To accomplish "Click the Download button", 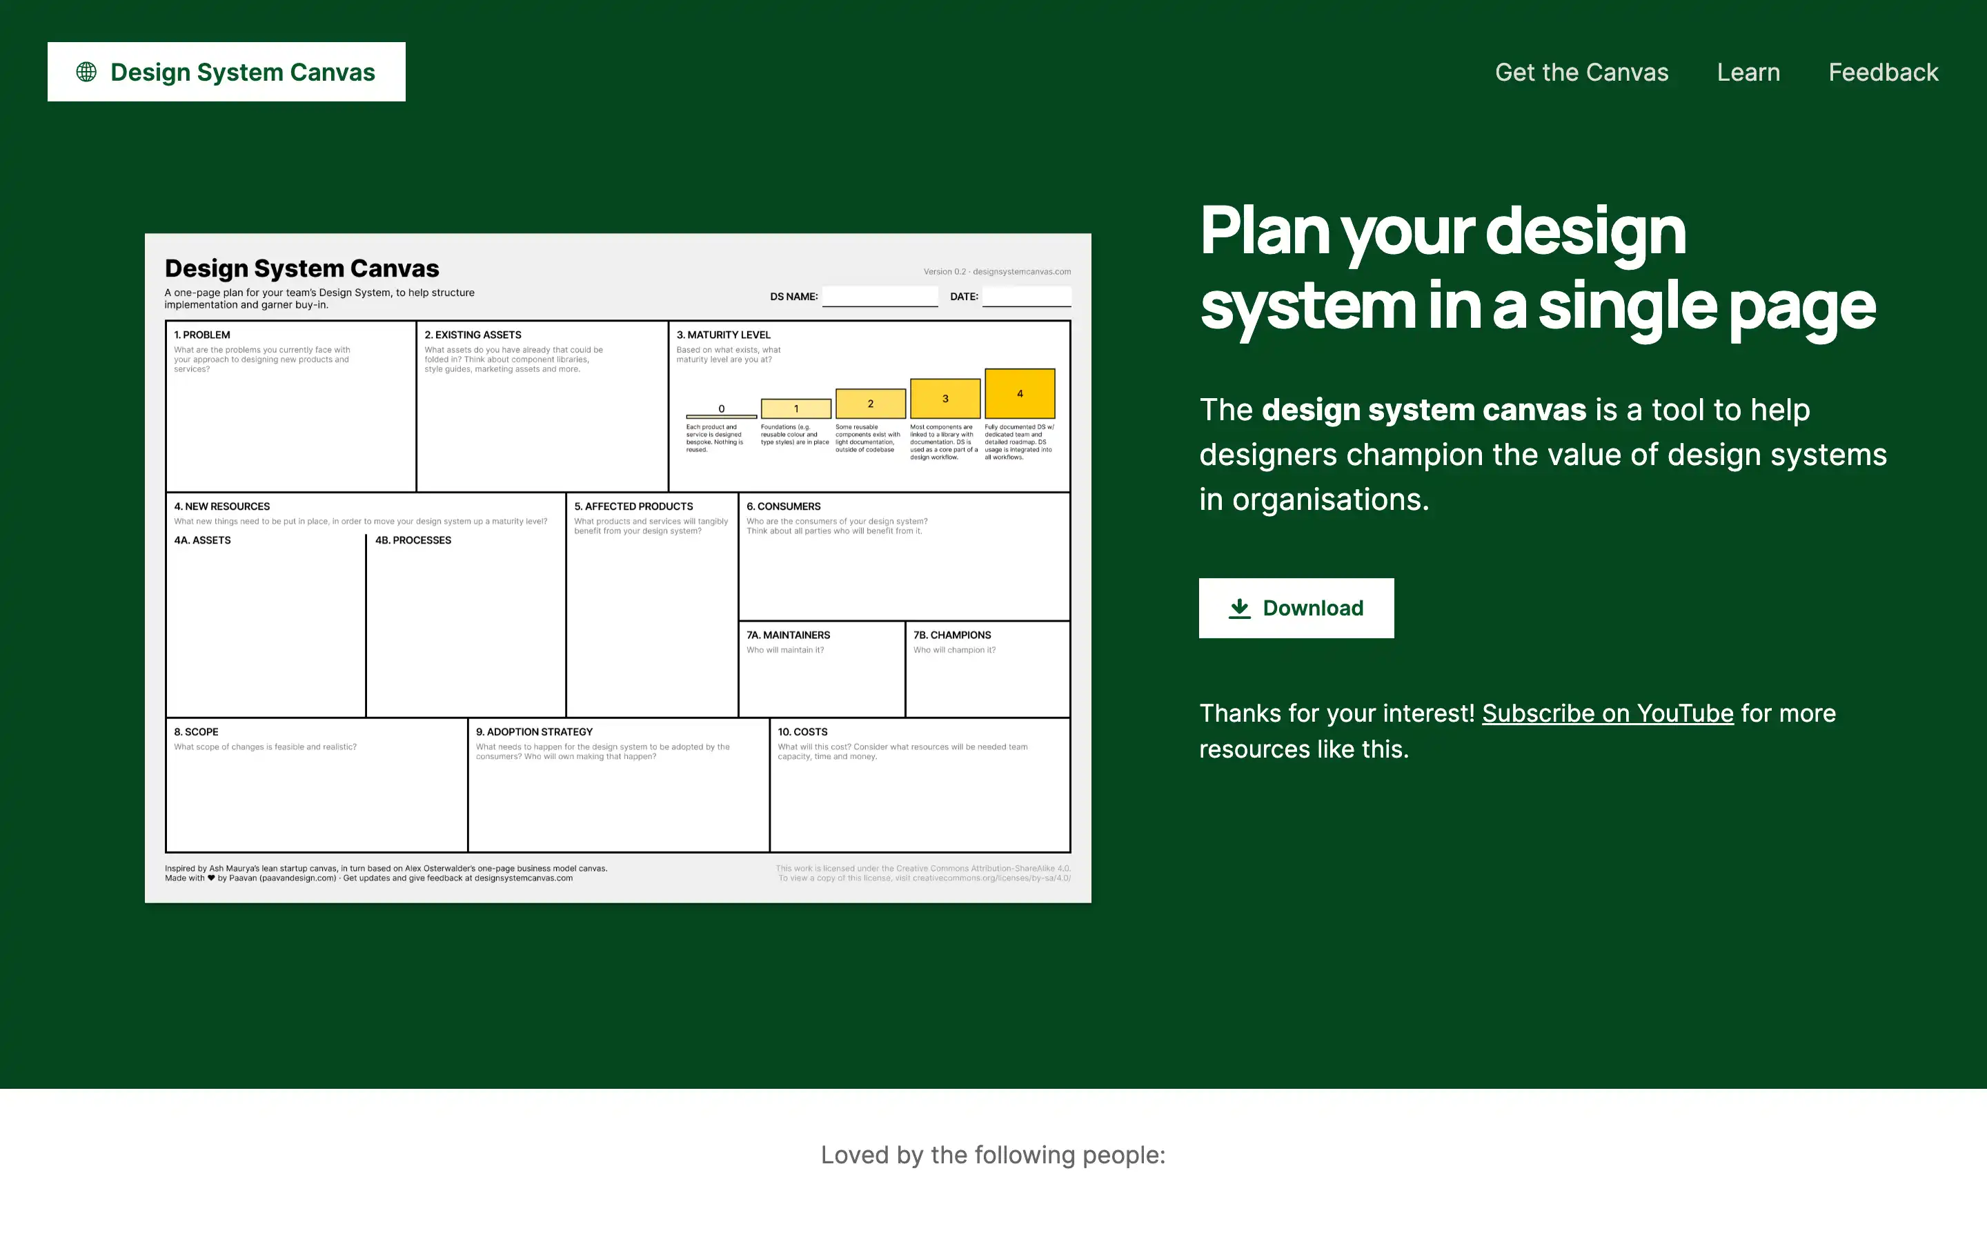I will click(x=1296, y=608).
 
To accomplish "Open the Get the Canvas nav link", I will click(x=1581, y=72).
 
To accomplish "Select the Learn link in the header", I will click(x=1748, y=72).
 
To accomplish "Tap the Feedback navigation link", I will click(x=1883, y=72).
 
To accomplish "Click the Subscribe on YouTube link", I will click(x=1607, y=713).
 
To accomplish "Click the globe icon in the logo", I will click(x=86, y=72).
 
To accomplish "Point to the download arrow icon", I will click(x=1239, y=608).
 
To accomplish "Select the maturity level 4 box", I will click(x=1020, y=393).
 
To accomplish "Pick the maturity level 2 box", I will click(x=870, y=404).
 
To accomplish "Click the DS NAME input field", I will click(x=880, y=296).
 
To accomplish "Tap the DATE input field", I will click(x=1027, y=296).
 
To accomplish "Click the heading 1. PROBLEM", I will click(x=202, y=335).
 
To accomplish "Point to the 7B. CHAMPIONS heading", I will click(x=951, y=635).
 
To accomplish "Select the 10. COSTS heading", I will click(x=802, y=732).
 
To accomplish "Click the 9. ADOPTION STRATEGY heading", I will click(x=534, y=732).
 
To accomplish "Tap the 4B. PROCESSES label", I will click(x=413, y=540).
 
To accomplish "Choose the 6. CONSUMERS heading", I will click(x=783, y=507).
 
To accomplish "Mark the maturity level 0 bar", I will click(x=721, y=415).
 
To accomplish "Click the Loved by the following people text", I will click(x=993, y=1155).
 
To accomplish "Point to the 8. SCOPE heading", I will click(x=196, y=732).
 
